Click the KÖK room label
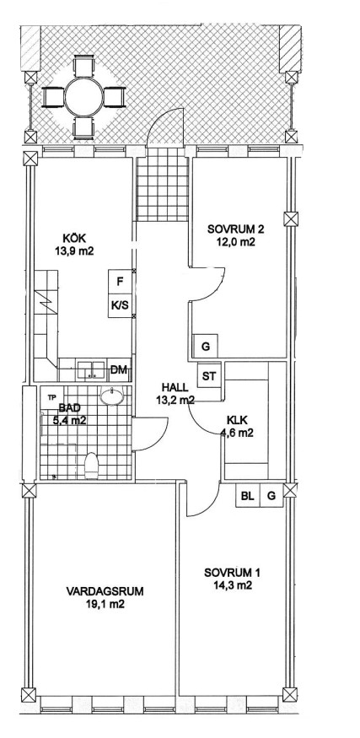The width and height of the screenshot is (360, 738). point(73,239)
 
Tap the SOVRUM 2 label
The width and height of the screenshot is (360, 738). point(236,229)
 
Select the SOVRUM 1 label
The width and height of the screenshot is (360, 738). point(232,573)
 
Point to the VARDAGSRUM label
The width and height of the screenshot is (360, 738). point(105,590)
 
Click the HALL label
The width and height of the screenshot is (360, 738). point(175,387)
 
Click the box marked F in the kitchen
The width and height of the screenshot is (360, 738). point(120,282)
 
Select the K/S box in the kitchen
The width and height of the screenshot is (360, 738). point(120,305)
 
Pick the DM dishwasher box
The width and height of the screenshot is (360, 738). point(120,370)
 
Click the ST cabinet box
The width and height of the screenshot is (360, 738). point(209,376)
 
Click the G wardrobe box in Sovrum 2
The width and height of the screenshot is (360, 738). point(205,347)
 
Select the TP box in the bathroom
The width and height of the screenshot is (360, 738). point(51,396)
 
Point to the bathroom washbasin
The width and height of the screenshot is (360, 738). point(112,396)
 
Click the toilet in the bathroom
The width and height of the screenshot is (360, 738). point(91,466)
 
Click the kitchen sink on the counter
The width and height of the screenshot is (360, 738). point(92,370)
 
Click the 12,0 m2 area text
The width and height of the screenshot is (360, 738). point(236,242)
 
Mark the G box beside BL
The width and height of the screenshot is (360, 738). point(271,496)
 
